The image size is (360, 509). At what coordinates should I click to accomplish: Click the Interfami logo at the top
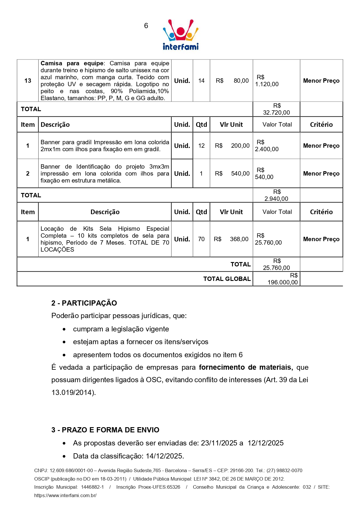click(x=181, y=35)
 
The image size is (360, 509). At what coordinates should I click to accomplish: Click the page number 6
click(x=146, y=26)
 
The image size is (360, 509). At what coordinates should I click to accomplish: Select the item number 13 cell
click(x=28, y=81)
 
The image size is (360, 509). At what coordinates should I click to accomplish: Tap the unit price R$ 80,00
click(x=232, y=81)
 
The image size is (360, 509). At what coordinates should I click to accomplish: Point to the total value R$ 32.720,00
click(x=276, y=109)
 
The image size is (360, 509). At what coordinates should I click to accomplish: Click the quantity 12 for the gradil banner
click(x=201, y=146)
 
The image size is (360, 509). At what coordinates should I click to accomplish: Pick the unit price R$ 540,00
click(x=232, y=174)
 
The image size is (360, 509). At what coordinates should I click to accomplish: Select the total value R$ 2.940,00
click(x=276, y=195)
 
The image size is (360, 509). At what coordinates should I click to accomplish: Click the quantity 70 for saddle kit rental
click(x=201, y=239)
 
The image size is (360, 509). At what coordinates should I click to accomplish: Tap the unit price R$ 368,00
click(x=231, y=239)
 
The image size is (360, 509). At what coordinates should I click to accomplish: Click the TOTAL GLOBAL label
click(x=227, y=279)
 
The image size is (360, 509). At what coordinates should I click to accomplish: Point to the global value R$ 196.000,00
click(x=283, y=279)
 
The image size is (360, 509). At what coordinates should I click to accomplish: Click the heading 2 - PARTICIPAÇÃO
click(x=84, y=303)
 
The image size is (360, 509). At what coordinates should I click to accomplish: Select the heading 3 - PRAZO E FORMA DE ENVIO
click(x=105, y=430)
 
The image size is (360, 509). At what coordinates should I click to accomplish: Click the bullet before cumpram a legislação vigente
click(x=64, y=329)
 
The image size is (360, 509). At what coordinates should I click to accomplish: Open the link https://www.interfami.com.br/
click(x=65, y=495)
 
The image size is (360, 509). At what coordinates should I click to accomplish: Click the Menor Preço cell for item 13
click(x=321, y=81)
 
